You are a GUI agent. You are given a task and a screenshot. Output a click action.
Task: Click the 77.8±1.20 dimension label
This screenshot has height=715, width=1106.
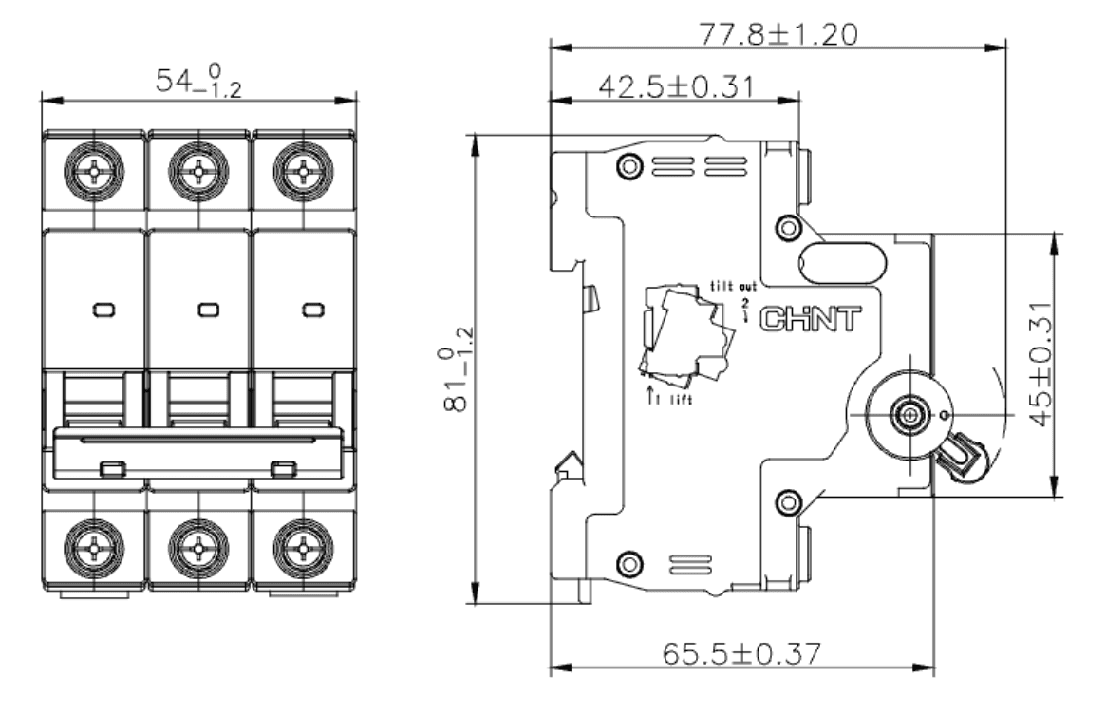pyautogui.click(x=778, y=34)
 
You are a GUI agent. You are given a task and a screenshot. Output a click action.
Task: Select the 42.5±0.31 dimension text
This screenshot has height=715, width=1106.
pyautogui.click(x=677, y=86)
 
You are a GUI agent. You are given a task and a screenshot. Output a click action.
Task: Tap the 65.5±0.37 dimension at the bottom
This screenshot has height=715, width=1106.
pyautogui.click(x=742, y=653)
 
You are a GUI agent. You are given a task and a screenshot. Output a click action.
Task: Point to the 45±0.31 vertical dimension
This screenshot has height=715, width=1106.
pyautogui.click(x=1040, y=365)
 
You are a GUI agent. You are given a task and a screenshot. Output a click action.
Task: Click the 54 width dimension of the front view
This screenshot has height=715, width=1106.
pyautogui.click(x=198, y=80)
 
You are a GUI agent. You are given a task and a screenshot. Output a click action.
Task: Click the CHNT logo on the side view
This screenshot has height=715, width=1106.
pyautogui.click(x=811, y=320)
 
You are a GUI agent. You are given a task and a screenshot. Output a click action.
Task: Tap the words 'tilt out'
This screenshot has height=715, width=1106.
pyautogui.click(x=733, y=287)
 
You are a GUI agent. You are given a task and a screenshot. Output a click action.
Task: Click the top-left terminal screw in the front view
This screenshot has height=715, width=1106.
pyautogui.click(x=95, y=172)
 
